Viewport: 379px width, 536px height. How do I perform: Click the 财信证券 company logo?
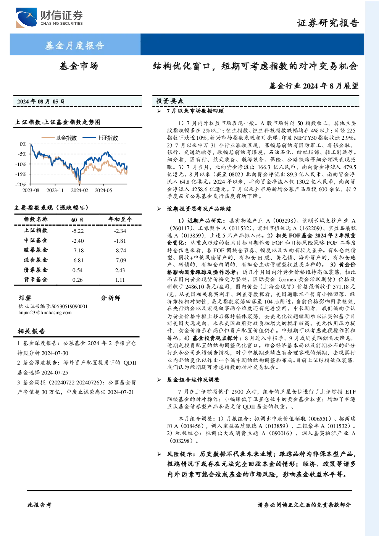tap(49, 18)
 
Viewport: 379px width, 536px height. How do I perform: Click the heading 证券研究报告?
tap(328, 23)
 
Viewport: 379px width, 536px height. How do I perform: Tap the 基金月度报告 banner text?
tap(75, 45)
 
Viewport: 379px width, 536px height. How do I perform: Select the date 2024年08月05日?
tap(41, 101)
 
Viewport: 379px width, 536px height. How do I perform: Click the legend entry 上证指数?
tap(100, 138)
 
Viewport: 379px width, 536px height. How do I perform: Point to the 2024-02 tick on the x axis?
tap(79, 190)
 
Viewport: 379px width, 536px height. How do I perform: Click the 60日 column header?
tap(77, 220)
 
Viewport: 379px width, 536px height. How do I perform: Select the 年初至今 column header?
tap(120, 219)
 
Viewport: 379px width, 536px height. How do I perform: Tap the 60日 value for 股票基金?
tap(77, 250)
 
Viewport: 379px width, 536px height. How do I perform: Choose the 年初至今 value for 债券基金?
tap(120, 270)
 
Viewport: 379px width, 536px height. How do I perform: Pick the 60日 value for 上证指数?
tap(77, 231)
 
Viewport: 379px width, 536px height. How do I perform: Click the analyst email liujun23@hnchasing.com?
tap(45, 313)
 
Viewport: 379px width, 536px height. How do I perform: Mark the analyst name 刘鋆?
tap(25, 298)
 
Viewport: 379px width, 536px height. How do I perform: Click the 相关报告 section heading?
tap(31, 331)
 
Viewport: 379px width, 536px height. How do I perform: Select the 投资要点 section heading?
tap(170, 101)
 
